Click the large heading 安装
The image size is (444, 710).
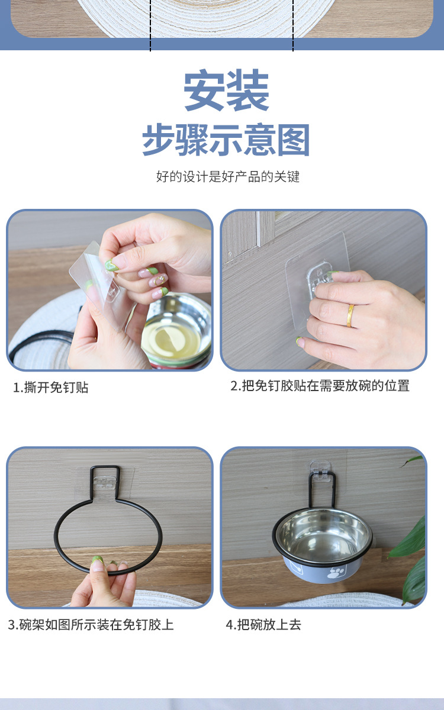[x=226, y=90]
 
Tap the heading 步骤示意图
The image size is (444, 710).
[x=226, y=140]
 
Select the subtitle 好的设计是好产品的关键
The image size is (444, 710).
[x=228, y=176]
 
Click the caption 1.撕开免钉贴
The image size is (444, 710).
[x=51, y=388]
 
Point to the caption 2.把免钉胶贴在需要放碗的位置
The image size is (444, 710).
[x=320, y=386]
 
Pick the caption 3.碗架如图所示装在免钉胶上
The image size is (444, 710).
[x=91, y=625]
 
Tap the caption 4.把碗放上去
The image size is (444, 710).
[x=263, y=625]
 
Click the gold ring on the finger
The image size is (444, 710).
[x=350, y=315]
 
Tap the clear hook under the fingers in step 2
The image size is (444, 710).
[x=318, y=275]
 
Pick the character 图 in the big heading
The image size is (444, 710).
[x=294, y=140]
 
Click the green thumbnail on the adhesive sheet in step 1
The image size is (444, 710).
[x=112, y=264]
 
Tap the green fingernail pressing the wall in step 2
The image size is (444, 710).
[x=299, y=341]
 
